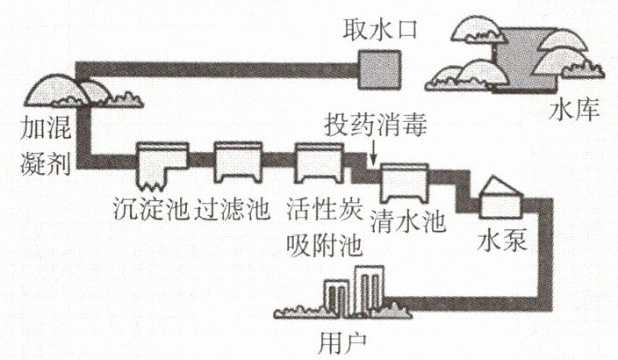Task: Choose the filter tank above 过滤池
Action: coord(237,162)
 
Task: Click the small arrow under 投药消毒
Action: coord(376,158)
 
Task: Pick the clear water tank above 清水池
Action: coord(404,183)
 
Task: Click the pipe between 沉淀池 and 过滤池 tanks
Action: coord(202,161)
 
